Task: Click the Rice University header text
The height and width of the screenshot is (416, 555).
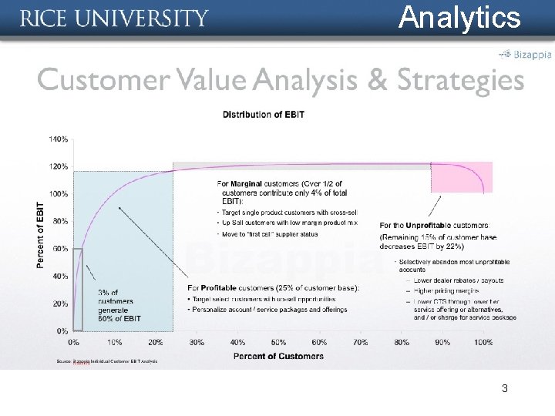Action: point(114,18)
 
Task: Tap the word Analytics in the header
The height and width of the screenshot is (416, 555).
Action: point(459,17)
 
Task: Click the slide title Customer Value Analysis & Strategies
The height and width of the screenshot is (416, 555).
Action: point(281,79)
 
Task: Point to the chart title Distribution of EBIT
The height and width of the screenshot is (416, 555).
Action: point(264,115)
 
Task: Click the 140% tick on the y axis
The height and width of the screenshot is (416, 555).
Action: point(59,139)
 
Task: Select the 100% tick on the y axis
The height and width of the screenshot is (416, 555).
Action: point(59,194)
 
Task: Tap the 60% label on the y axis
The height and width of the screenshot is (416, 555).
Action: point(60,249)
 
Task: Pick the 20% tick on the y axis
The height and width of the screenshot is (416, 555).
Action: point(60,304)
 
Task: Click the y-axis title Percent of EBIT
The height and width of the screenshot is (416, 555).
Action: point(40,235)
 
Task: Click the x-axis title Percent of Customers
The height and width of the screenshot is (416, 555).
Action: point(278,356)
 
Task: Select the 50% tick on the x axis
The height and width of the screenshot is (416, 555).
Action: point(278,341)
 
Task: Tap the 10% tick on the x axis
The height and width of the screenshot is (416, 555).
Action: point(114,341)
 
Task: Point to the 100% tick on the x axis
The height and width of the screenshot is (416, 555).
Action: point(483,341)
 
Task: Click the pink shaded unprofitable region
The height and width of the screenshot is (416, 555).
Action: point(461,177)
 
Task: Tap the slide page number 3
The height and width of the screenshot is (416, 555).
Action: point(504,389)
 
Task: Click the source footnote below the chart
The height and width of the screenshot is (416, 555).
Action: point(107,361)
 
